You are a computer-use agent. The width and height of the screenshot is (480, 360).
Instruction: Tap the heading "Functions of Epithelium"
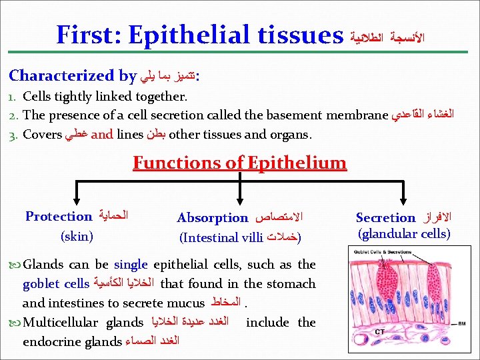point(239,163)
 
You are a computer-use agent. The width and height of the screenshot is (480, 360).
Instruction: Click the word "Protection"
point(59,216)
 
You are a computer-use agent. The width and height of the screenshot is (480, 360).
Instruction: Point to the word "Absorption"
point(212,218)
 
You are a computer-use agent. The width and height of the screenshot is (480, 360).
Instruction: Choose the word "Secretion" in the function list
point(385,218)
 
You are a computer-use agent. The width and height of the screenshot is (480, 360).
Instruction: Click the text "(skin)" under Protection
point(76,236)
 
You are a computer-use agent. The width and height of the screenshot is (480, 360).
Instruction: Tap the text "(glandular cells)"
point(404,234)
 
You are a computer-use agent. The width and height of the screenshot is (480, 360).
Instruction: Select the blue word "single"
point(131,265)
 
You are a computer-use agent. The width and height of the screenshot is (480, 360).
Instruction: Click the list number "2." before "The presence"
point(14,115)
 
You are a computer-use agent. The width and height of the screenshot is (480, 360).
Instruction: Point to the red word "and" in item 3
point(101,134)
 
